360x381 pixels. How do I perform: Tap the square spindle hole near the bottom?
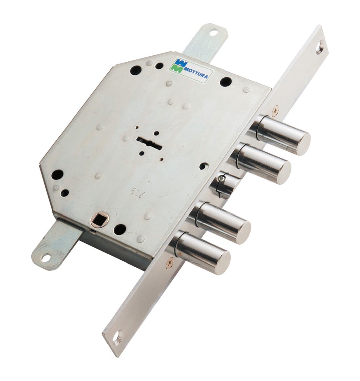[x=99, y=219]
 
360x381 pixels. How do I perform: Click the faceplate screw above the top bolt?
[x=275, y=110]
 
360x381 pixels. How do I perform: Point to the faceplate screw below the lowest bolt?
[x=169, y=263]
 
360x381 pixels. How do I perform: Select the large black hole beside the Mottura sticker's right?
[x=225, y=82]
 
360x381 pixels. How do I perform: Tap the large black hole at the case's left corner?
[x=57, y=175]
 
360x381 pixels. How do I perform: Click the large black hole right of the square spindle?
[x=120, y=229]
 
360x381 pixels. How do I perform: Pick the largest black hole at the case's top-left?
[x=136, y=70]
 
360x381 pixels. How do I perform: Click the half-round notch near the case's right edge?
[x=204, y=166]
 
